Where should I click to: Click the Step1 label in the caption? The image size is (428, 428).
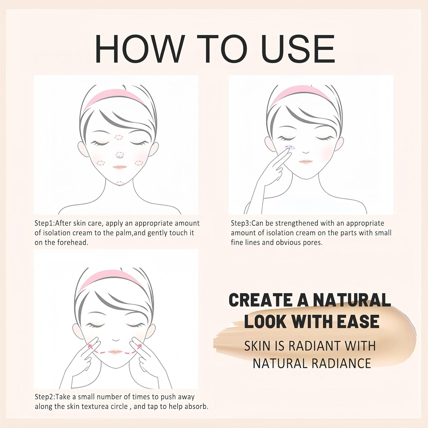pyautogui.click(x=44, y=223)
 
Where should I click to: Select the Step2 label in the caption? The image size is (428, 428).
pyautogui.click(x=45, y=397)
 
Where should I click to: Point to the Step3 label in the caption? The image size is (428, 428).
pyautogui.click(x=241, y=223)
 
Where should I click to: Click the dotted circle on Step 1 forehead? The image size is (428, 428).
pyautogui.click(x=118, y=137)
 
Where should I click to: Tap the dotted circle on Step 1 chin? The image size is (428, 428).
pyautogui.click(x=120, y=183)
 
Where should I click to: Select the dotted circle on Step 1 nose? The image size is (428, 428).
pyautogui.click(x=120, y=154)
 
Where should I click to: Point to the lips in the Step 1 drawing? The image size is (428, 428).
pyautogui.click(x=119, y=167)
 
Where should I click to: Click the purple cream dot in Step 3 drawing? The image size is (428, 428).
pyautogui.click(x=289, y=147)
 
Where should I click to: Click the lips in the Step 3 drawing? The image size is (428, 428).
pyautogui.click(x=306, y=162)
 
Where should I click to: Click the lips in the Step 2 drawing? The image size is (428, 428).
pyautogui.click(x=116, y=352)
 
